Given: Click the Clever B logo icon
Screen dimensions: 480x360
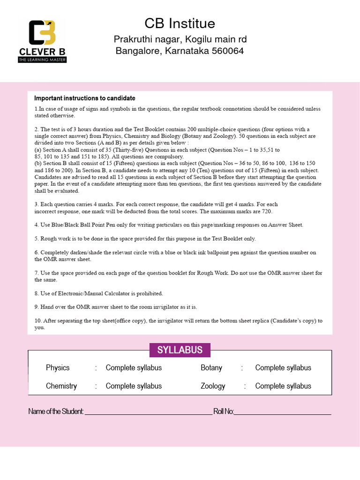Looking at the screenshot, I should click(42, 33).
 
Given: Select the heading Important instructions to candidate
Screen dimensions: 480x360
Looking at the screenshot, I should click(85, 98).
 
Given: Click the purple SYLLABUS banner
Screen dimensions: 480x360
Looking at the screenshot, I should click(180, 350).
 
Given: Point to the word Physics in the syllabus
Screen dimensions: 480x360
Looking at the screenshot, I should click(58, 368).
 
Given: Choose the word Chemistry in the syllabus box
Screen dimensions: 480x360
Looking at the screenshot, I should click(61, 386).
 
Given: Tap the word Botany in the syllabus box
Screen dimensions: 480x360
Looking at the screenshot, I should click(211, 368).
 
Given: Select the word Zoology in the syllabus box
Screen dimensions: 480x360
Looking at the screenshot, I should click(213, 386).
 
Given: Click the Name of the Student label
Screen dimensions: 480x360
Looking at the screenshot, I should click(56, 412).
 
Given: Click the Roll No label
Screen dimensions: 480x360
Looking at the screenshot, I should click(224, 412).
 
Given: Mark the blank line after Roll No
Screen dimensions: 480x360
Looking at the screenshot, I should click(283, 413).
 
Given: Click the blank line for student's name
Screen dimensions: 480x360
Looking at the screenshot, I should click(148, 413).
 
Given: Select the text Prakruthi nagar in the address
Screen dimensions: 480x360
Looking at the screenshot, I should click(143, 39).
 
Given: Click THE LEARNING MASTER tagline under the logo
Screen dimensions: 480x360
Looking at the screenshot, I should click(42, 60).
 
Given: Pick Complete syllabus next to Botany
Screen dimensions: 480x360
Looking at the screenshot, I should click(283, 368).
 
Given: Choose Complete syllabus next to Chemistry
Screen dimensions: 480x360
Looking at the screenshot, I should click(134, 386).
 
